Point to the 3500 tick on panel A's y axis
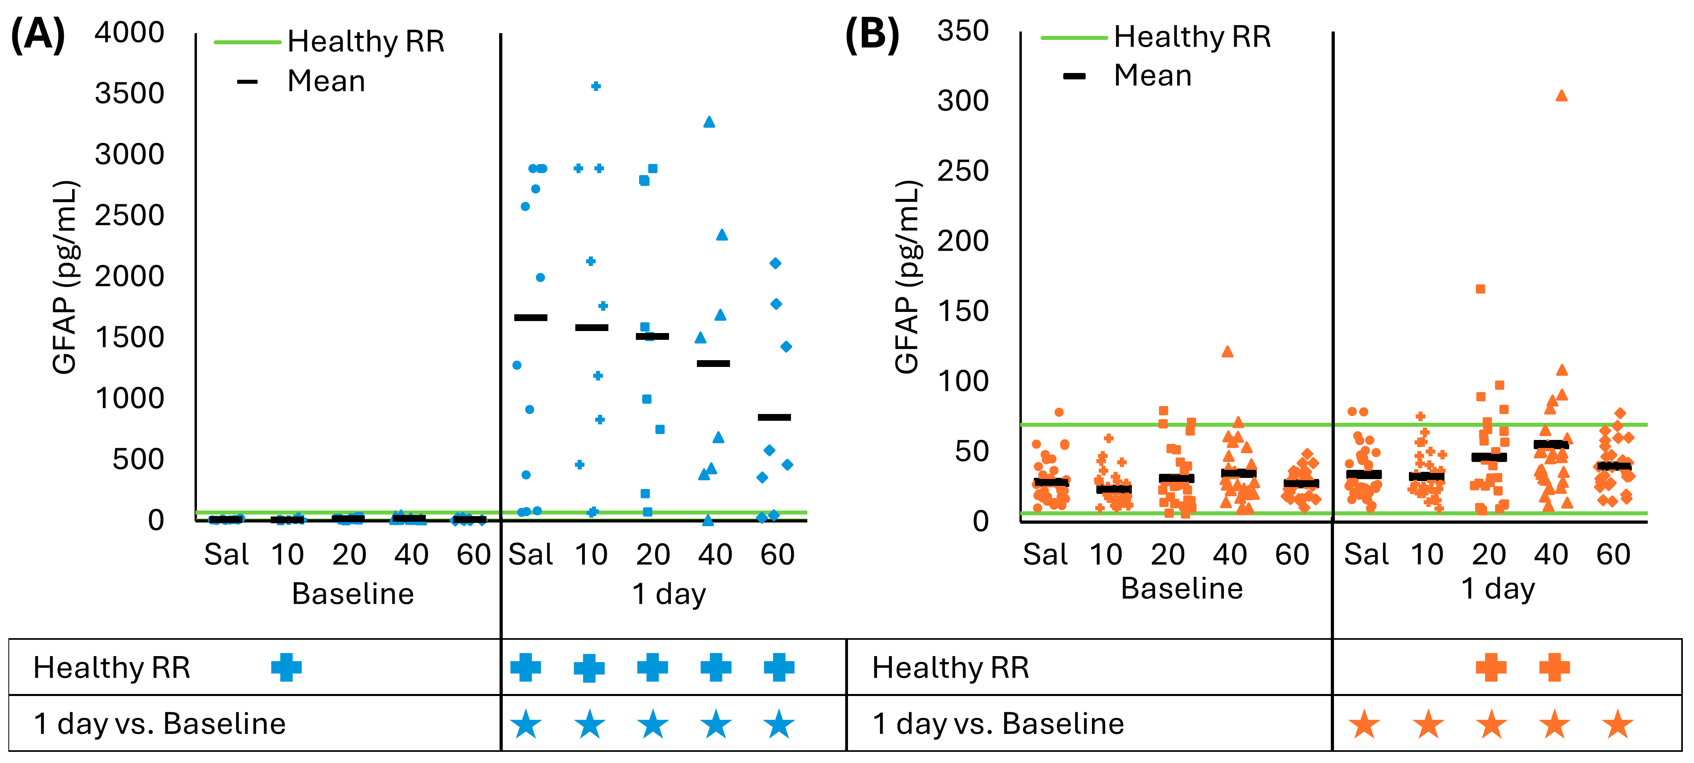(x=130, y=93)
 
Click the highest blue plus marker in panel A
(x=596, y=86)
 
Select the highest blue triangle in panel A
(x=709, y=122)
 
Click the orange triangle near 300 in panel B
(x=1561, y=96)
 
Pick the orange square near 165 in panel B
(x=1480, y=289)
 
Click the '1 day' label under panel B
(x=1497, y=589)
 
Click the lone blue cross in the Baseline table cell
(x=286, y=668)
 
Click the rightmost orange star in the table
(x=1618, y=725)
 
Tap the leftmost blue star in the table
(x=526, y=725)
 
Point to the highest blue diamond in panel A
(x=775, y=263)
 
